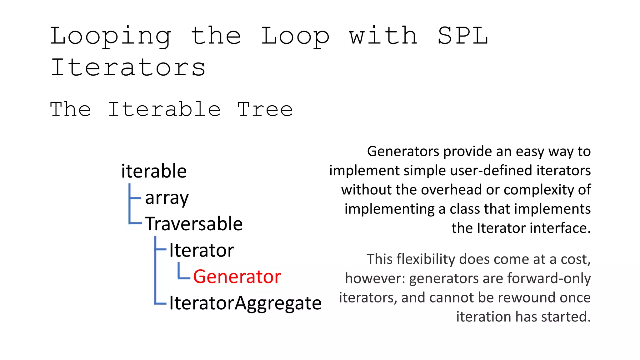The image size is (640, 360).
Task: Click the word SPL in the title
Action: [x=462, y=36]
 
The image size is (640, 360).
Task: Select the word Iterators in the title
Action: [x=128, y=67]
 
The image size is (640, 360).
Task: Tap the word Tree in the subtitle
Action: [x=265, y=109]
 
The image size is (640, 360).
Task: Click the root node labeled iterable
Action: [x=154, y=171]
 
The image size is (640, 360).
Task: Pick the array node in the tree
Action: [x=167, y=198]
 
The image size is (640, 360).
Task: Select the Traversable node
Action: [x=194, y=224]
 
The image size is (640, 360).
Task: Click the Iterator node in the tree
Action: [x=201, y=250]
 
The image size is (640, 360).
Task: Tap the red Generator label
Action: [x=237, y=277]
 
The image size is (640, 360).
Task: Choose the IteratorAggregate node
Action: [x=245, y=303]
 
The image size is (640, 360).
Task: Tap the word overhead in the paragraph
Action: [x=455, y=190]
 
